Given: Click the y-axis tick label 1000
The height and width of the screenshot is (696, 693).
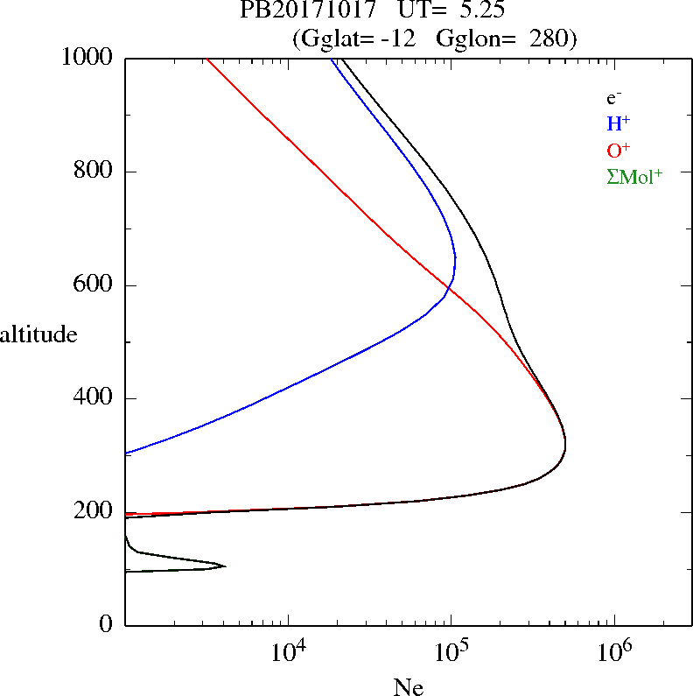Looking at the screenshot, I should point(87,58).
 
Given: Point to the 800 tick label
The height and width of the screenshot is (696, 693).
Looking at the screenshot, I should point(94,172).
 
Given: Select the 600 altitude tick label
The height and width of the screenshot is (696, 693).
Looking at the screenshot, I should point(94,285).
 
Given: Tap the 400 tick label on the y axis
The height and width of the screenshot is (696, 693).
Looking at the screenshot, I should point(94,398).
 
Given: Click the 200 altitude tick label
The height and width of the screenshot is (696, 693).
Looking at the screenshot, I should point(94,512).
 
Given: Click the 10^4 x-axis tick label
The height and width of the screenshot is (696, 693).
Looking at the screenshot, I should point(288,652).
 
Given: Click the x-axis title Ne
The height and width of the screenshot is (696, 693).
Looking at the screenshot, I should point(409,686).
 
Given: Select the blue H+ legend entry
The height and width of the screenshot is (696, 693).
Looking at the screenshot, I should point(619,123).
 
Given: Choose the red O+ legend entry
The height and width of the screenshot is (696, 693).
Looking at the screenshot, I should point(619,150).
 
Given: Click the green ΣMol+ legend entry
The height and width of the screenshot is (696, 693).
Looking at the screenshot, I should point(634,176).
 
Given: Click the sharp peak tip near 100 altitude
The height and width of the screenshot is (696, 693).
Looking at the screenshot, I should point(225,566).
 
